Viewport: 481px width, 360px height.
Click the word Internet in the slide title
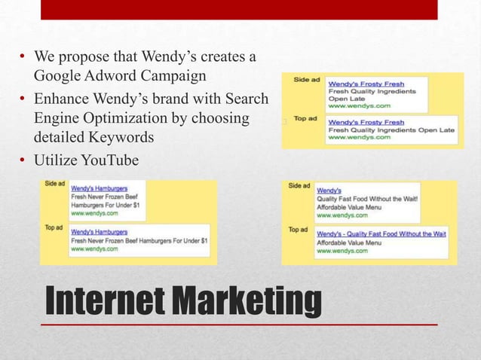(105, 301)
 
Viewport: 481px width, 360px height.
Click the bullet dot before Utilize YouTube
(23, 159)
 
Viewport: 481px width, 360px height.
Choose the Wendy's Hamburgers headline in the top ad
(99, 232)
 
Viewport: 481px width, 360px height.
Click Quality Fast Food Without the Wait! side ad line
(367, 199)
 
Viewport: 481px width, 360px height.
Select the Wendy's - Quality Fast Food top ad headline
(381, 234)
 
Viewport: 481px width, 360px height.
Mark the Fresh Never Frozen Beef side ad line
(103, 195)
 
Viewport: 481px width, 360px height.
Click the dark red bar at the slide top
(238, 9)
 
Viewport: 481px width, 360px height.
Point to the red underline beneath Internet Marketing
(238, 325)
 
